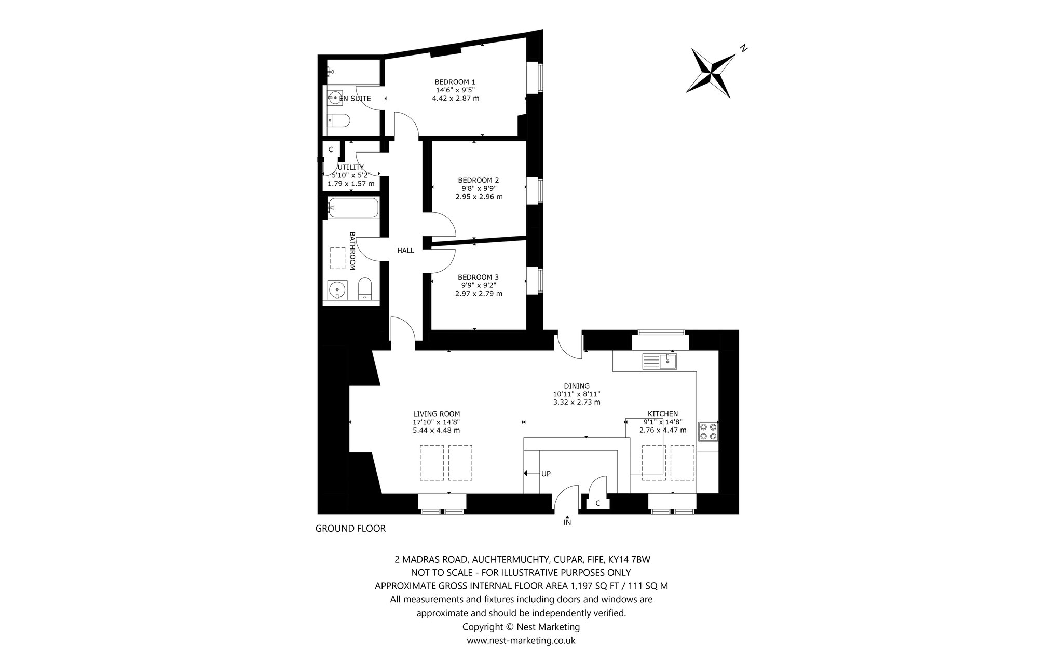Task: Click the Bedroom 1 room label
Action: pos(455,82)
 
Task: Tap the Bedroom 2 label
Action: pos(479,181)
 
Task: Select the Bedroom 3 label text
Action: pos(478,277)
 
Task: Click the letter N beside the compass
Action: pos(744,48)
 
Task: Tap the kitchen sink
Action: pos(660,361)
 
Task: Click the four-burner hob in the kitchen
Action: pos(708,431)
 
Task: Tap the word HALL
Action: pos(406,251)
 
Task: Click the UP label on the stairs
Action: pos(546,474)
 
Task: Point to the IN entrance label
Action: pos(567,523)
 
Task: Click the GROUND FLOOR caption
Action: pos(351,529)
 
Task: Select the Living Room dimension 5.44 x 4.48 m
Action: pos(437,430)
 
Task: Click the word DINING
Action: pos(577,386)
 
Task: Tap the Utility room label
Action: pos(351,167)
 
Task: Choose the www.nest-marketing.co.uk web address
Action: pos(521,640)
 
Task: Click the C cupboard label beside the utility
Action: pos(331,149)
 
